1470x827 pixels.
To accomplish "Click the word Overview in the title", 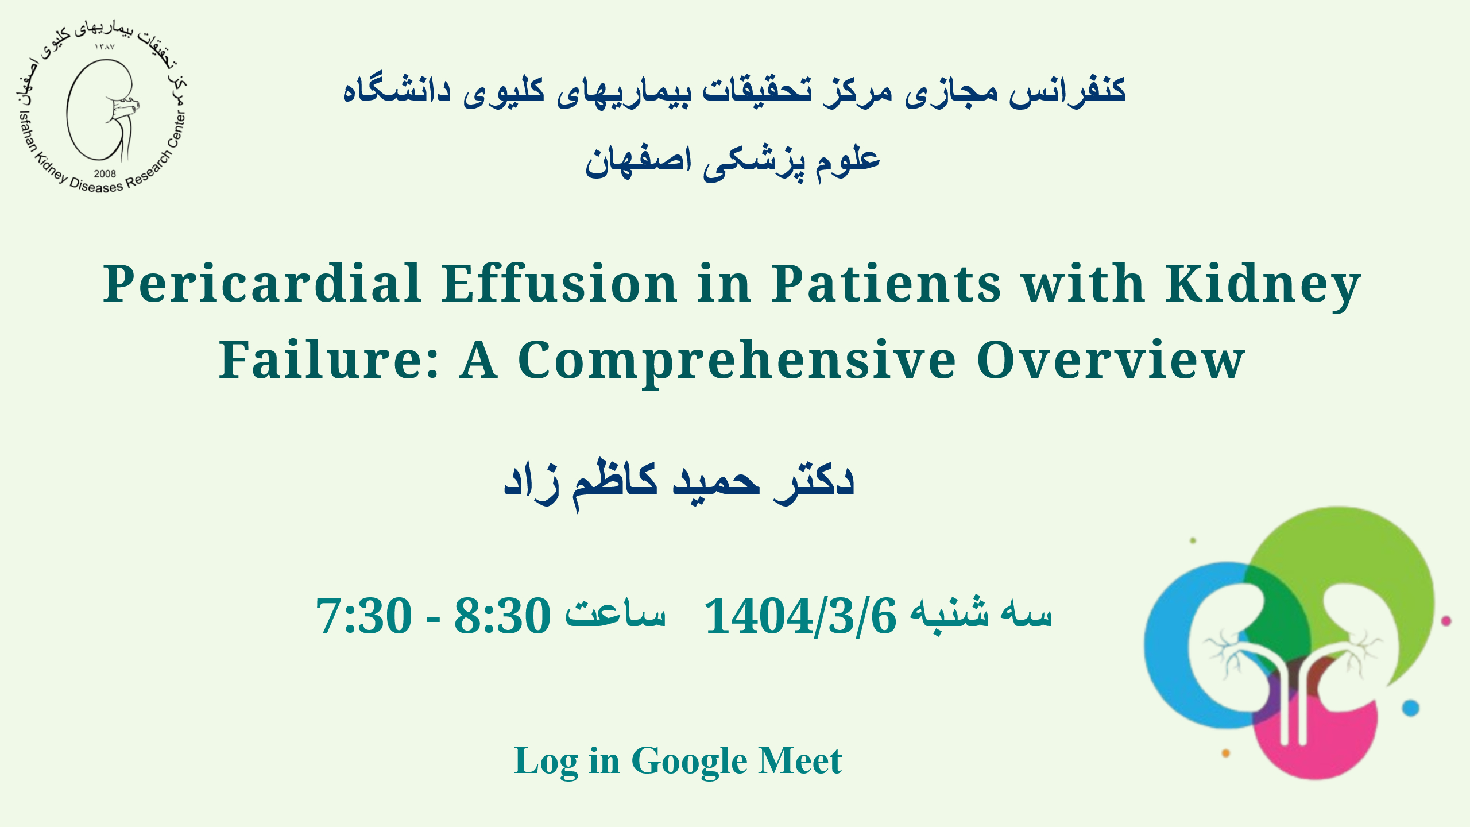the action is [1111, 360].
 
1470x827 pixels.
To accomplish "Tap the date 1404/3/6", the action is [800, 616].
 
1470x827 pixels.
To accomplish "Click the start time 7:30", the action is [364, 615].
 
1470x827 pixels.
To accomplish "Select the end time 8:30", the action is [502, 615].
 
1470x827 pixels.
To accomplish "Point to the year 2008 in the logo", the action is [105, 173].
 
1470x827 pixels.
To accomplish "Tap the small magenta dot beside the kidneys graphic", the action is [1446, 621].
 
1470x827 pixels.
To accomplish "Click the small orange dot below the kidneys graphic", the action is [1225, 753].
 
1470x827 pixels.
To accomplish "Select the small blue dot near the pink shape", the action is [1410, 708].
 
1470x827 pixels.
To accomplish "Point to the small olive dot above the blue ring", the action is [1193, 540].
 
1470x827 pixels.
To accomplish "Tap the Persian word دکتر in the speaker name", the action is [813, 482].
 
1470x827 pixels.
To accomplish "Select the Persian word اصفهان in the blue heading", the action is [638, 161].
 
